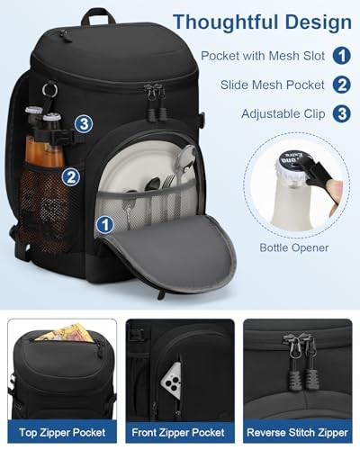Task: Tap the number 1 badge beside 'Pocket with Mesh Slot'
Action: click(341, 55)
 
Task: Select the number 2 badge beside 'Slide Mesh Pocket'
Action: click(341, 85)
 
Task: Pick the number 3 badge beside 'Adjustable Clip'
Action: click(341, 114)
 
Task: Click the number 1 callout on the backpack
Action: click(105, 223)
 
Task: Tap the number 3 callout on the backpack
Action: click(82, 124)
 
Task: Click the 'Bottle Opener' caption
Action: click(293, 247)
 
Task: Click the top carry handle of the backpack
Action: click(96, 14)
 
